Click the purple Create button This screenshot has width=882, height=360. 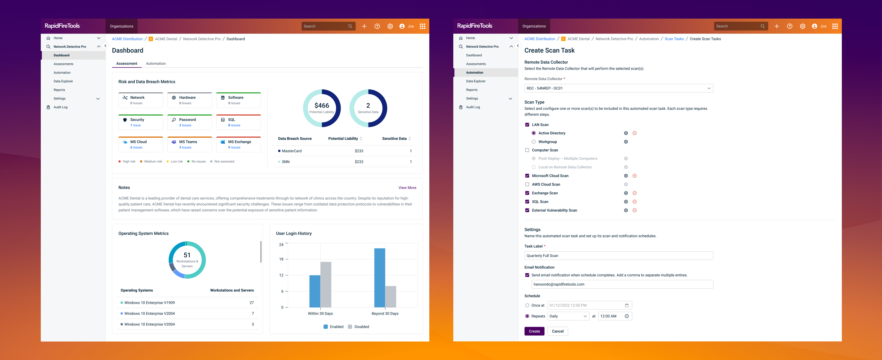tap(534, 331)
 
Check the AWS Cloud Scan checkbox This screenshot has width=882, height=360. tap(527, 184)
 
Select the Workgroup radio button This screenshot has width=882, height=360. tap(533, 142)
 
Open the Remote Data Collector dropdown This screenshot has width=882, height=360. tap(618, 88)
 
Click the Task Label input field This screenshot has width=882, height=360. tap(618, 256)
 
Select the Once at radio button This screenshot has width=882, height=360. tap(527, 305)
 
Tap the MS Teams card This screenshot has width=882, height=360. tap(189, 144)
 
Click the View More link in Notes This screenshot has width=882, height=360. tap(407, 188)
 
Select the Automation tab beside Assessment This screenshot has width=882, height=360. tap(156, 63)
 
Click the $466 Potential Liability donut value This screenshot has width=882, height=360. tap(321, 106)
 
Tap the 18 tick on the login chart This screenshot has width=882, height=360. tap(281, 259)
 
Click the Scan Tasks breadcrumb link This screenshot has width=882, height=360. tap(674, 39)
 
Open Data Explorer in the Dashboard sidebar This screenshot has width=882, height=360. tap(63, 81)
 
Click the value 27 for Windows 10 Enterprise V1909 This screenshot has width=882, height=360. tap(252, 303)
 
